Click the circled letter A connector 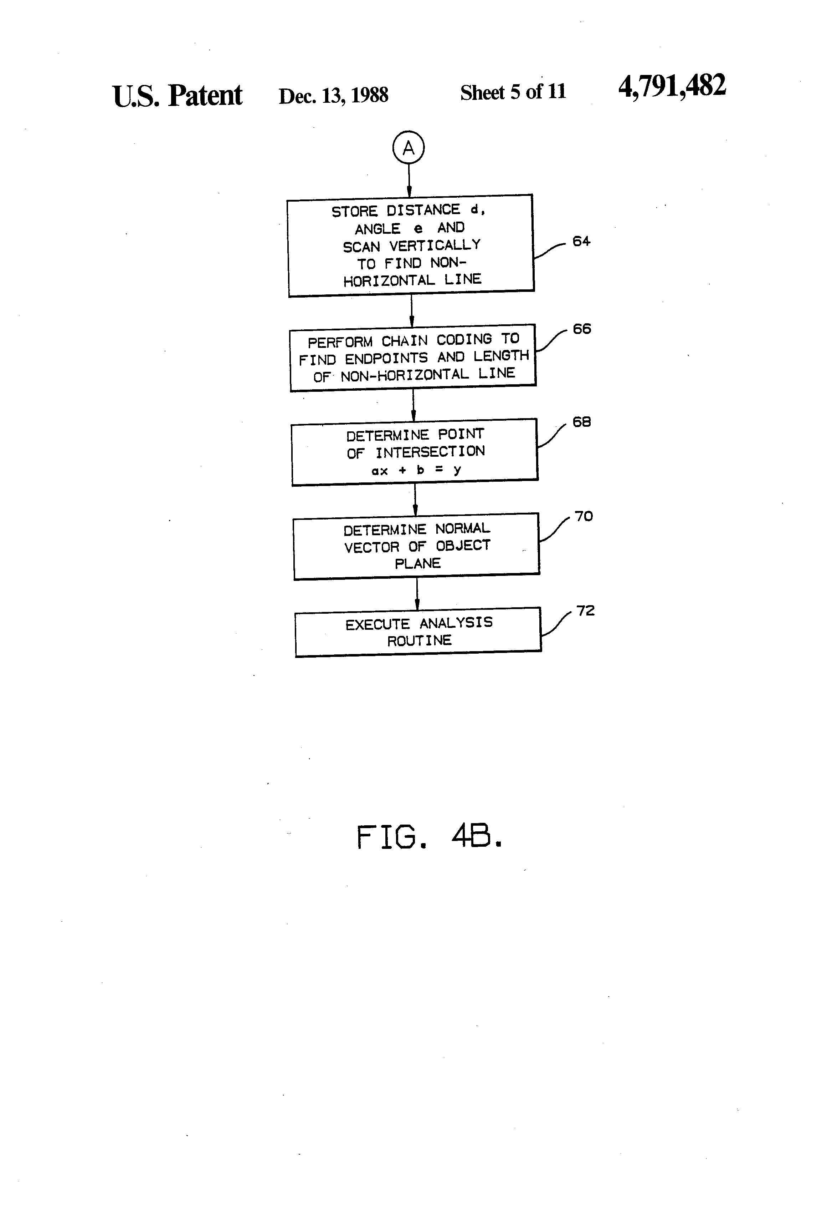click(x=408, y=148)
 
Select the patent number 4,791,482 click(x=672, y=86)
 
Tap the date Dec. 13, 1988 click(x=334, y=96)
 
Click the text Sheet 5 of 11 click(x=513, y=92)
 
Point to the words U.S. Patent click(x=177, y=96)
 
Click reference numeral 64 click(x=581, y=241)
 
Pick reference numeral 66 click(x=582, y=329)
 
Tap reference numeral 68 click(x=582, y=422)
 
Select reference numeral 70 click(x=584, y=516)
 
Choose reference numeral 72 click(x=585, y=610)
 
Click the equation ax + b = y click(x=416, y=470)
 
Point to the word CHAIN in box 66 click(x=404, y=341)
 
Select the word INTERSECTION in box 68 click(x=430, y=452)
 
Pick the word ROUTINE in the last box click(x=419, y=640)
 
